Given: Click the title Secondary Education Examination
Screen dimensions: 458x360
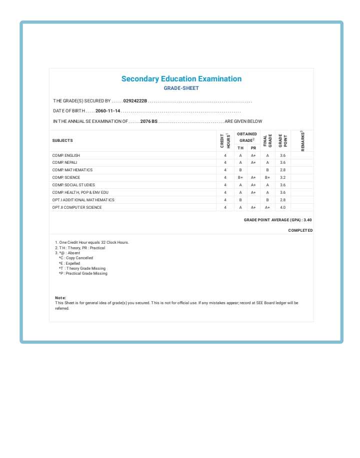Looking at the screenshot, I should pyautogui.click(x=181, y=79).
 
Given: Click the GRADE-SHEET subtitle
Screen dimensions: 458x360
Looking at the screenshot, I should pyautogui.click(x=181, y=88).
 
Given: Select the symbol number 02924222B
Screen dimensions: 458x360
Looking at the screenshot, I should pyautogui.click(x=135, y=101).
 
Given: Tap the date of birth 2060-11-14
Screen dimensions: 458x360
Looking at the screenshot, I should pyautogui.click(x=107, y=110).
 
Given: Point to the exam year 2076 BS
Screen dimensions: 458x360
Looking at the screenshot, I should pyautogui.click(x=148, y=121).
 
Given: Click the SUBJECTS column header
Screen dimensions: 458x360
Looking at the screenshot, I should pyautogui.click(x=62, y=140).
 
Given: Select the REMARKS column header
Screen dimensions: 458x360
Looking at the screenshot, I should pyautogui.click(x=302, y=140).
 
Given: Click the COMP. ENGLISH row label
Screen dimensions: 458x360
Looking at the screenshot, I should pyautogui.click(x=66, y=155).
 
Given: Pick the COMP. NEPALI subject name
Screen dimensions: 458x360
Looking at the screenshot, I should pyautogui.click(x=64, y=162).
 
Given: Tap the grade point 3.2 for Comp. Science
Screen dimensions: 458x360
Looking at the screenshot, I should pyautogui.click(x=282, y=177).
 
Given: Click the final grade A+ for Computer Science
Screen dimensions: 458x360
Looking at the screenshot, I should pyautogui.click(x=267, y=207).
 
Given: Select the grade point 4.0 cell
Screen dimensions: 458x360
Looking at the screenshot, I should pyautogui.click(x=282, y=207).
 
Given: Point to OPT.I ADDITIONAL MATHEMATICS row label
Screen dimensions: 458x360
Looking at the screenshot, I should pyautogui.click(x=83, y=200).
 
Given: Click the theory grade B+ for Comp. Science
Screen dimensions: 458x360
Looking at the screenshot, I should pyautogui.click(x=240, y=177).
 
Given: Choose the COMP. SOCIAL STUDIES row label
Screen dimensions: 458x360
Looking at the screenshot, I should pyautogui.click(x=73, y=185).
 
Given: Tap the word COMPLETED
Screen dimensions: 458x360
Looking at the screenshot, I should pyautogui.click(x=300, y=230).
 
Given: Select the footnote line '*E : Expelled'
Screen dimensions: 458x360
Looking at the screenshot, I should pyautogui.click(x=69, y=263).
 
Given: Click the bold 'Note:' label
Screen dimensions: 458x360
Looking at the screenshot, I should pyautogui.click(x=60, y=298).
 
